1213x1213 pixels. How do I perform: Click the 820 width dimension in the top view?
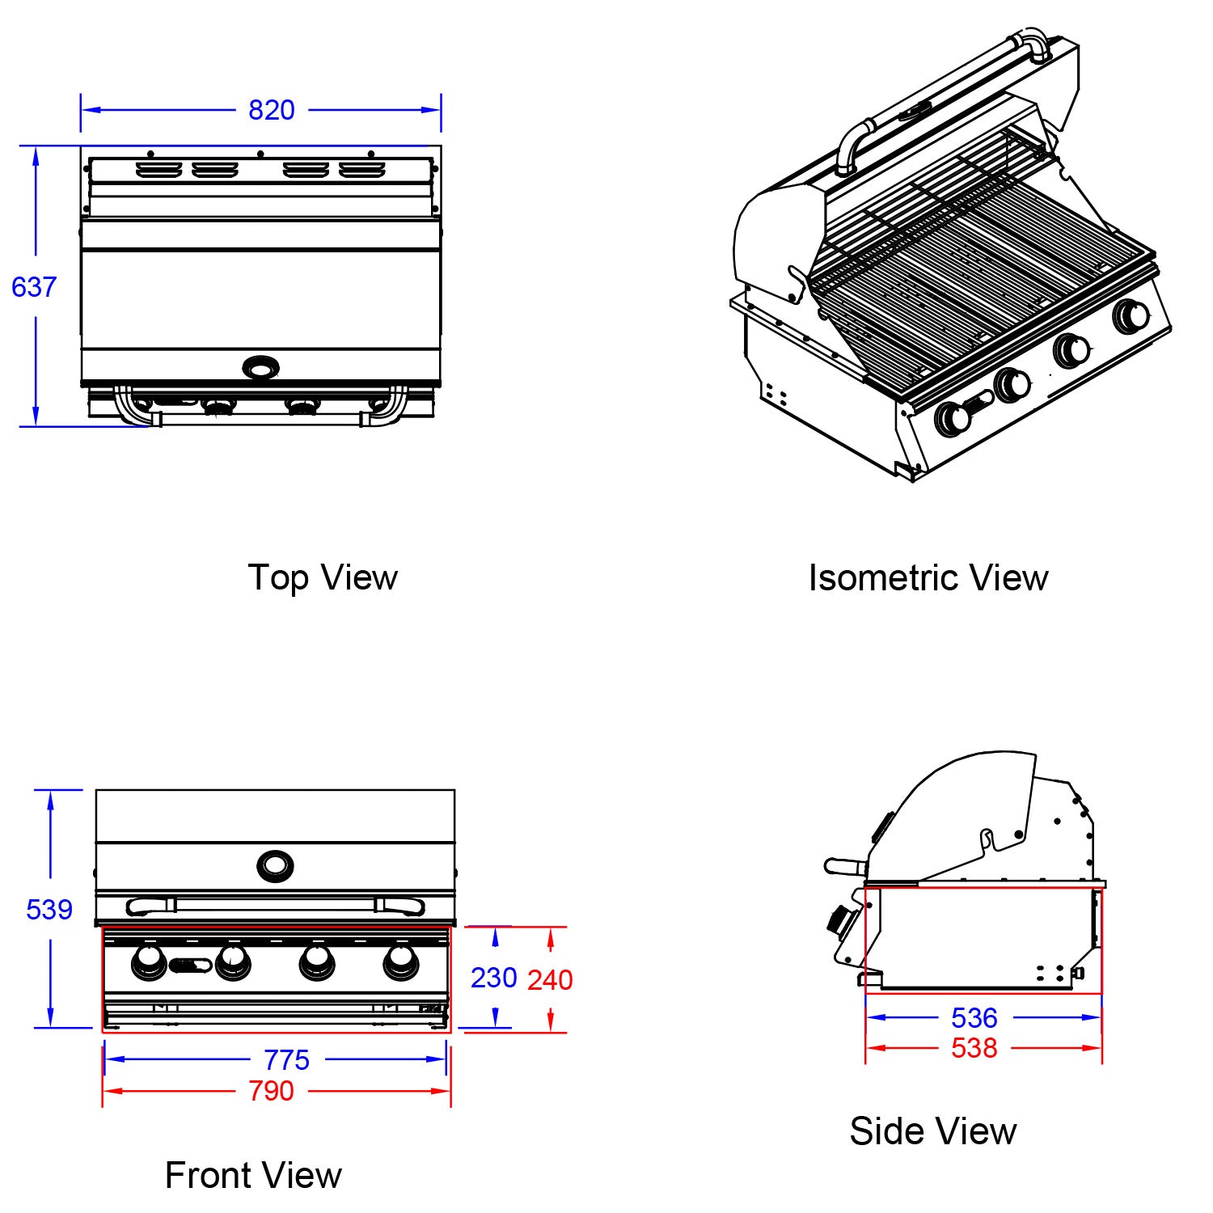[271, 110]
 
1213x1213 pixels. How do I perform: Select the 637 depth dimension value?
[34, 287]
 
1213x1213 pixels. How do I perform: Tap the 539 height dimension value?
[49, 910]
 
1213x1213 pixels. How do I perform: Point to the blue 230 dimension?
[493, 978]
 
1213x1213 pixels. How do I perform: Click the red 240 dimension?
[550, 980]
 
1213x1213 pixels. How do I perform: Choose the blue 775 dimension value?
[286, 1060]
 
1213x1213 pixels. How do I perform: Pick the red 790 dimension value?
[271, 1092]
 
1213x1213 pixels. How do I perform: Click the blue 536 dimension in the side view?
[974, 1018]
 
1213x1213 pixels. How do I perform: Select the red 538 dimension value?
[974, 1049]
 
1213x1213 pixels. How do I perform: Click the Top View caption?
[322, 578]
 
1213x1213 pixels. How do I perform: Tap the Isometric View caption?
[928, 578]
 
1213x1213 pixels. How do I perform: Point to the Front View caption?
[253, 1176]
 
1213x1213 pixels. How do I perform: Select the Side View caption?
[932, 1131]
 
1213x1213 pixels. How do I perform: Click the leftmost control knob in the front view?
[149, 961]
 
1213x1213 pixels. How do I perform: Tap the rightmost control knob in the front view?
[401, 961]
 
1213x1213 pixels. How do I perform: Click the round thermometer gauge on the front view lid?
[275, 866]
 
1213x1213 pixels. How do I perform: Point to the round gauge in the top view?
[260, 369]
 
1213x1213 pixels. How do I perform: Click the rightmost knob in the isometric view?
[1131, 316]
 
